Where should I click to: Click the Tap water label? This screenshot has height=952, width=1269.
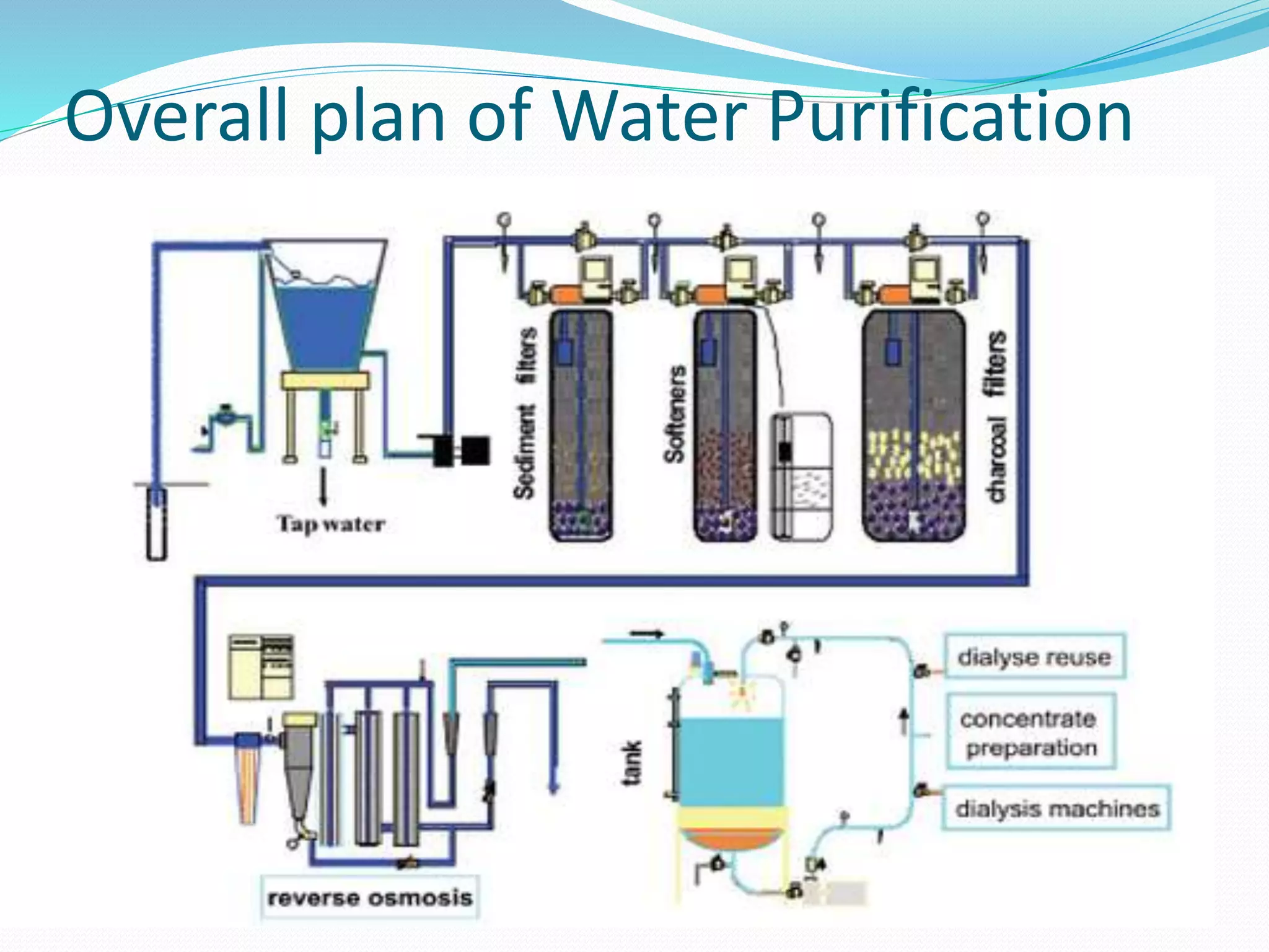point(330,524)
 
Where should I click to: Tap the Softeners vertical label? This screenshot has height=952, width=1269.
point(675,414)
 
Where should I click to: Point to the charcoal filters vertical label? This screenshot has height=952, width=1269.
point(996,416)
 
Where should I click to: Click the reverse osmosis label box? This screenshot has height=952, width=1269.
point(370,897)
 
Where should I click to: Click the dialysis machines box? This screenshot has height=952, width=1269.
point(1056,808)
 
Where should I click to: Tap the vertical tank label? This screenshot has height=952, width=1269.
point(631,763)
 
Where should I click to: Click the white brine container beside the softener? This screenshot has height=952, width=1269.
point(801,477)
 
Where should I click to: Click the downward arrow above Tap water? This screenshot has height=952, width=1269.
point(323,487)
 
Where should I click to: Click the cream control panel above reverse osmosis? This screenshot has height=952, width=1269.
point(261,667)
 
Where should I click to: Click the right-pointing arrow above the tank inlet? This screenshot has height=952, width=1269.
point(647,634)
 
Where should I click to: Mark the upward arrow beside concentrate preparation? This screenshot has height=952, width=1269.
point(904,723)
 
